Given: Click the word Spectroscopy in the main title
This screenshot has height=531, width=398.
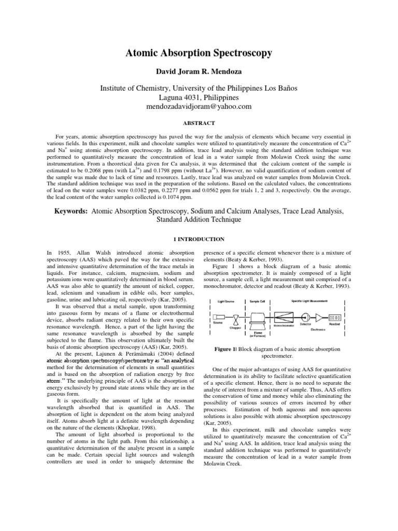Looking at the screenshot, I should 232,53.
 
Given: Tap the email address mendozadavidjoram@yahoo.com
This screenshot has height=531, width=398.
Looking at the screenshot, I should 199,106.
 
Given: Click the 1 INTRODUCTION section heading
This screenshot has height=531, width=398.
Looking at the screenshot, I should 198,239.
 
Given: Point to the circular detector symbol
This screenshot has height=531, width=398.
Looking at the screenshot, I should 306,317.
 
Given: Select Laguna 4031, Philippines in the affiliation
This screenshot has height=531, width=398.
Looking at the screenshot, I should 198,97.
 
